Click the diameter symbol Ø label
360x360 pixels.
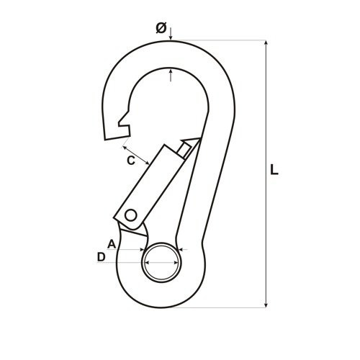(x=161, y=28)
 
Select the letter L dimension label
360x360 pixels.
(x=274, y=169)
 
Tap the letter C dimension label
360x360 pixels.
(x=131, y=161)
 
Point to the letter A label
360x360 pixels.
(x=112, y=244)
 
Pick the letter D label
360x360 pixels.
(x=102, y=257)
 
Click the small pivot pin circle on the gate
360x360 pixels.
(x=131, y=215)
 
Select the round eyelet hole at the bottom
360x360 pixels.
(x=161, y=262)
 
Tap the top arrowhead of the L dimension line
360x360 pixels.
(x=266, y=42)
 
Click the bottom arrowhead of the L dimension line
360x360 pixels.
(x=266, y=305)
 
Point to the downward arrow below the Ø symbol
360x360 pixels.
(x=171, y=34)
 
